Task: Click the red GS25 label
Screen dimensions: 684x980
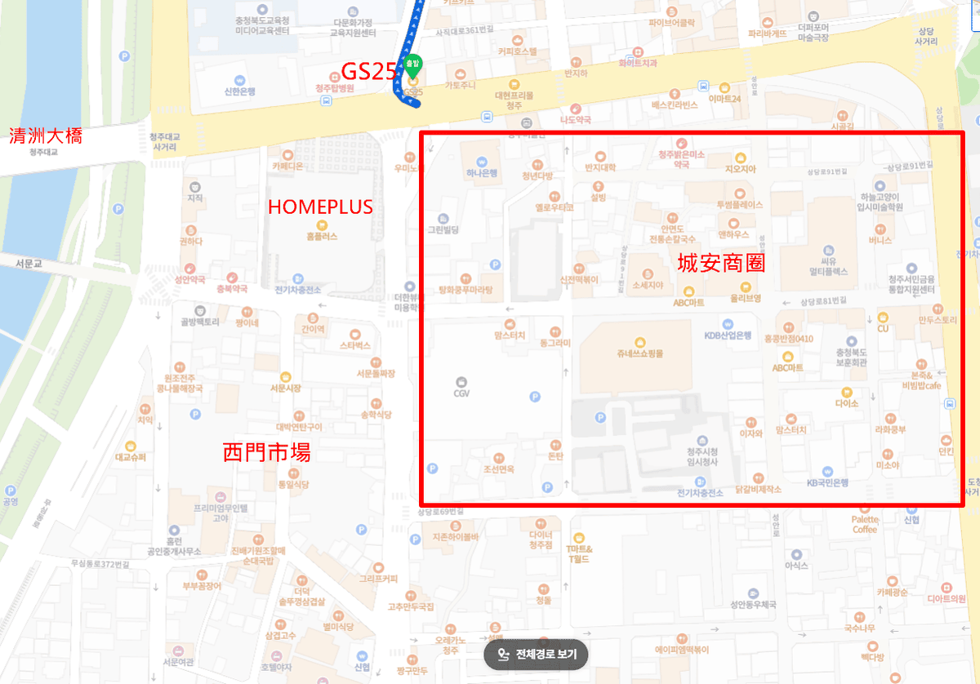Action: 368,72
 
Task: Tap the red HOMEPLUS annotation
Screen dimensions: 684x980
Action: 320,207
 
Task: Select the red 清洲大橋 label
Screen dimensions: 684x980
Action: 45,135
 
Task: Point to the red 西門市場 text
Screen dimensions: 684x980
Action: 266,452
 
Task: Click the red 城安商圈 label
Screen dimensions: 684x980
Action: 721,264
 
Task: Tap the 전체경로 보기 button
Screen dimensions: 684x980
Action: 537,654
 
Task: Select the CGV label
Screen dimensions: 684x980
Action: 461,393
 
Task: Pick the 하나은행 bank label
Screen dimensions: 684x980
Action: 482,172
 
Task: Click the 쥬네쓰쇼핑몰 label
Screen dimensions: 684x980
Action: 640,353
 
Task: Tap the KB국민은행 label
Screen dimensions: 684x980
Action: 827,482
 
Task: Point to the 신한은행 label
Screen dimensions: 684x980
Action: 239,91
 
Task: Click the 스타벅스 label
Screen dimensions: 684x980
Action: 355,345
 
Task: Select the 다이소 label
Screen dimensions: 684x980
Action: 847,403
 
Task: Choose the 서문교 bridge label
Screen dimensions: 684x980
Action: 28,264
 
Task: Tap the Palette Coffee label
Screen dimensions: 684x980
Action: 864,524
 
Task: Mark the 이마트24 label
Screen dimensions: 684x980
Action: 724,99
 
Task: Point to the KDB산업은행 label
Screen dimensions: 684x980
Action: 728,335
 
